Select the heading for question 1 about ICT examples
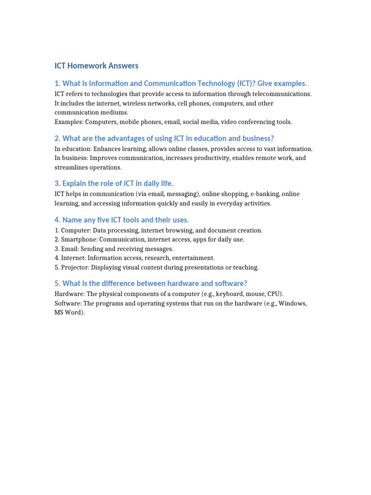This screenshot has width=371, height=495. pos(181,84)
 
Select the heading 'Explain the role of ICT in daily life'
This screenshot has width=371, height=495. pos(114,183)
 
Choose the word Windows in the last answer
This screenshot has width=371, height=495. pos(292,304)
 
